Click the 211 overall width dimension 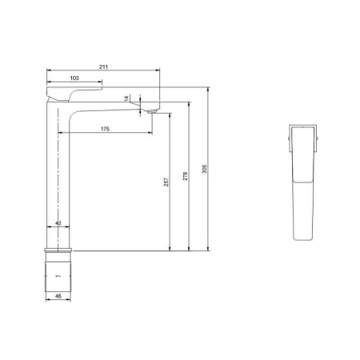click(x=105, y=67)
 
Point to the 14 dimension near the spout click(x=126, y=98)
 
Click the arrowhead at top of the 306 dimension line click(x=207, y=88)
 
